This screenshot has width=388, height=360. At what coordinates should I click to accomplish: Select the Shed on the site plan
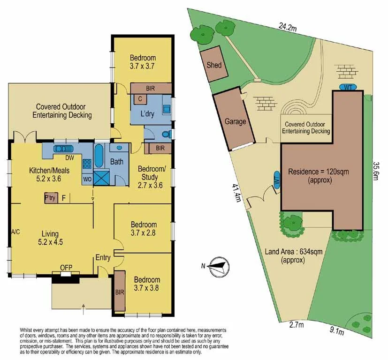click(x=214, y=64)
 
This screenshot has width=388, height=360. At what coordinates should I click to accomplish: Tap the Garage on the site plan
click(x=235, y=121)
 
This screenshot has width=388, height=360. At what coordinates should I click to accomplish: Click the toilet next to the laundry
click(x=165, y=135)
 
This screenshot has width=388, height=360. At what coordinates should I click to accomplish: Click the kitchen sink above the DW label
click(x=62, y=149)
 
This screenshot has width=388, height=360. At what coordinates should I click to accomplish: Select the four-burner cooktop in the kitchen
click(x=87, y=164)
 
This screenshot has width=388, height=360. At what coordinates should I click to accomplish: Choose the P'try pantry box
click(x=50, y=198)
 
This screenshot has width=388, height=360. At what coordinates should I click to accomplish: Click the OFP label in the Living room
click(x=66, y=268)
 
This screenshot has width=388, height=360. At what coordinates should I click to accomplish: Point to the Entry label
click(x=103, y=257)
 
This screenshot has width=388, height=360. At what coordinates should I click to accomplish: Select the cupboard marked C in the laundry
click(x=140, y=99)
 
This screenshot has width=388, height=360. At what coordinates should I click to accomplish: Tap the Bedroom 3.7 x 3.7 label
click(x=142, y=62)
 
